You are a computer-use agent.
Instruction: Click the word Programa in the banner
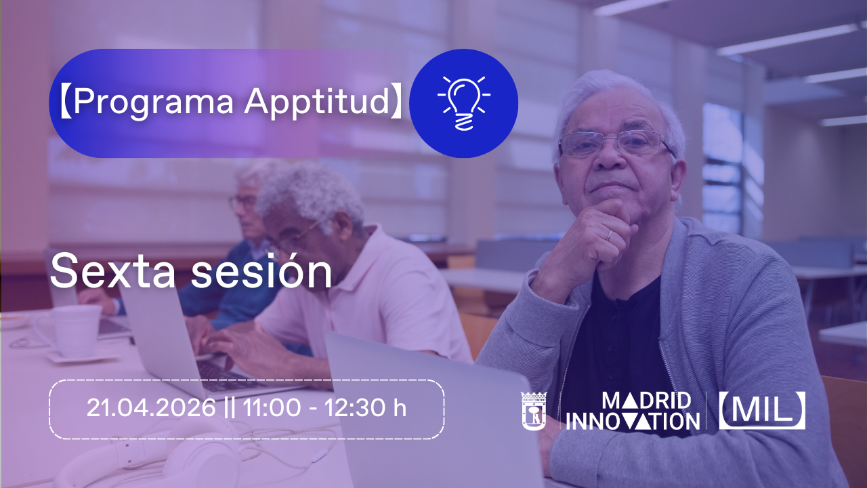click(x=154, y=102)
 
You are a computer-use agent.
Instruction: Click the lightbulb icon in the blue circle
click(x=464, y=104)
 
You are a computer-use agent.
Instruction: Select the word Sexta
click(x=112, y=271)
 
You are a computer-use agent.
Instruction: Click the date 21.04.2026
click(x=151, y=408)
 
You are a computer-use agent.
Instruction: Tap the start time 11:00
click(x=272, y=408)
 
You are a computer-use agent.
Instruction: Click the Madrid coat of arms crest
click(x=534, y=411)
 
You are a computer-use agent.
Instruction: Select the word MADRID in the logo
click(x=647, y=401)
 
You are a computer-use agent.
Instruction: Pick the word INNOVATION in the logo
click(x=633, y=422)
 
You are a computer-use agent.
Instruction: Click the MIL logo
click(x=762, y=411)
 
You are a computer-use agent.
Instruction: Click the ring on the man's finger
click(x=610, y=235)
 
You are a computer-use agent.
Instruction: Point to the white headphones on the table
click(x=155, y=457)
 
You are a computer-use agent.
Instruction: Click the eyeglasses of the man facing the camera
click(x=616, y=144)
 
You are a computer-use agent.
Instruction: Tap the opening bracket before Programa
click(x=66, y=102)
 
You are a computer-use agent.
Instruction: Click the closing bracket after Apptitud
click(x=396, y=102)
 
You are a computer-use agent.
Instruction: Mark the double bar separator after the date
click(x=230, y=408)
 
